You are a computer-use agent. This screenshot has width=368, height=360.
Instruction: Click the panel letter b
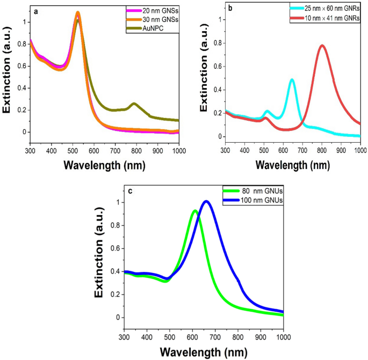[229, 9]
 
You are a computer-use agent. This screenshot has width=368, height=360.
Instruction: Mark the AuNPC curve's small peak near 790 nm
[134, 104]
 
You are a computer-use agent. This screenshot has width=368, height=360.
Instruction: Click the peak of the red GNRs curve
[322, 46]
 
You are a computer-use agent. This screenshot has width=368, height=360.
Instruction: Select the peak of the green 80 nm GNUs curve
[194, 211]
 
